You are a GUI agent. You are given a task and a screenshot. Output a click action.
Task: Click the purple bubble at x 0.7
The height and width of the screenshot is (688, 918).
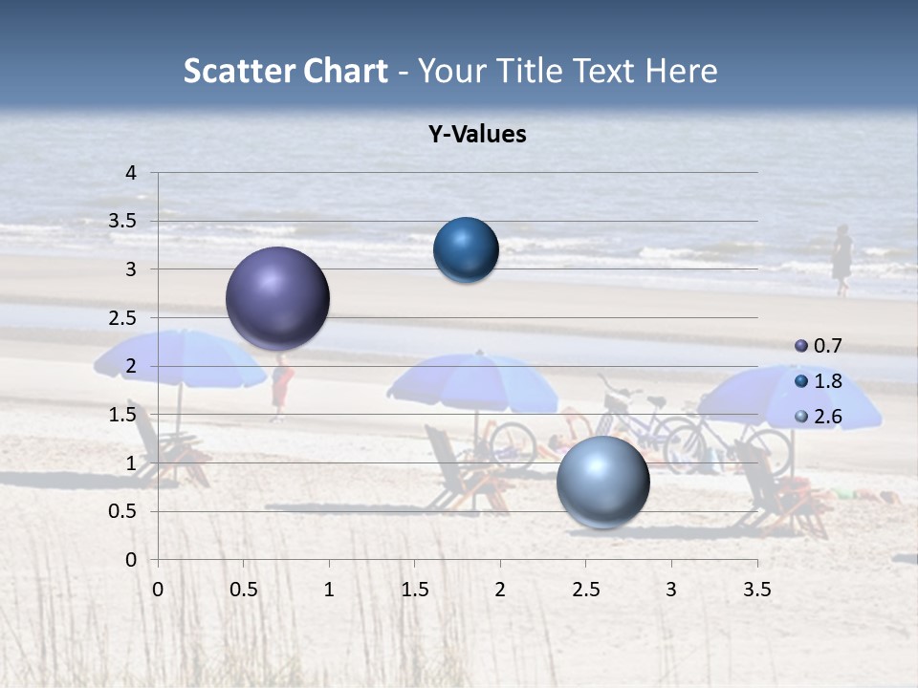[x=277, y=298]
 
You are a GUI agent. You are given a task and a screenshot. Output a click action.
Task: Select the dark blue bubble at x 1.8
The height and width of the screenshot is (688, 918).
[x=466, y=249]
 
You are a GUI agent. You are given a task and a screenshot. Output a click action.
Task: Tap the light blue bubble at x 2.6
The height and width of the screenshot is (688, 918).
[x=602, y=482]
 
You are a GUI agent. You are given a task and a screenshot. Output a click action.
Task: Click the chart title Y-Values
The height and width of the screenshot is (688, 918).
[x=476, y=134]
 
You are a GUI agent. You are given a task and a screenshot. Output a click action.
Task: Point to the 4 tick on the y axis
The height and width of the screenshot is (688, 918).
[x=131, y=173]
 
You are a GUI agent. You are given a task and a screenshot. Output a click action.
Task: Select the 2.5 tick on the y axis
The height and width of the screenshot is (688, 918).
[x=123, y=318]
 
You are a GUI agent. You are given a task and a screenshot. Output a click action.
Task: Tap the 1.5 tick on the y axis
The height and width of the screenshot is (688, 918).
[x=123, y=415]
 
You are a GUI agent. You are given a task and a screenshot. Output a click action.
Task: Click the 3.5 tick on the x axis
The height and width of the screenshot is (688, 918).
[x=756, y=590]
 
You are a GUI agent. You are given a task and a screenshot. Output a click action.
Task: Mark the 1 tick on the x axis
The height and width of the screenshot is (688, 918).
[x=329, y=590]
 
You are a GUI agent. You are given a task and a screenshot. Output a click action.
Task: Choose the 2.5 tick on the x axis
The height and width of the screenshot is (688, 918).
[x=585, y=590]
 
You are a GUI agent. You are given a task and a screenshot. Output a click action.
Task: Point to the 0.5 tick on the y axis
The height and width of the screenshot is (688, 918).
[x=123, y=511]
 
